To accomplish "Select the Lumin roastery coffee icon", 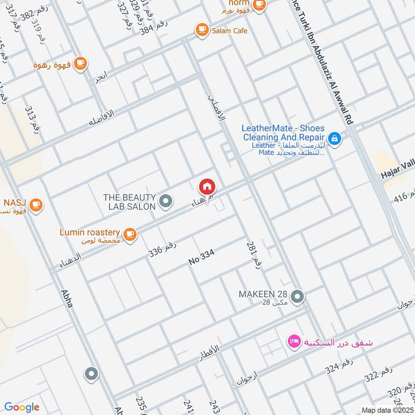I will point(130,234).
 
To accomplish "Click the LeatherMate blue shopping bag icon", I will point(335,139).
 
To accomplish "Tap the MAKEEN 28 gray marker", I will point(297,297).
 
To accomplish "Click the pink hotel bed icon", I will point(294,342).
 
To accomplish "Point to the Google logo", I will point(22,407).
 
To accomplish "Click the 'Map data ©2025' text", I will point(386,410).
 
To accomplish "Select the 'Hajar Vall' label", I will point(397,173).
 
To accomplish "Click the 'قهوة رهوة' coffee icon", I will point(79,63).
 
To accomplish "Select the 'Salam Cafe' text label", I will point(229,31).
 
